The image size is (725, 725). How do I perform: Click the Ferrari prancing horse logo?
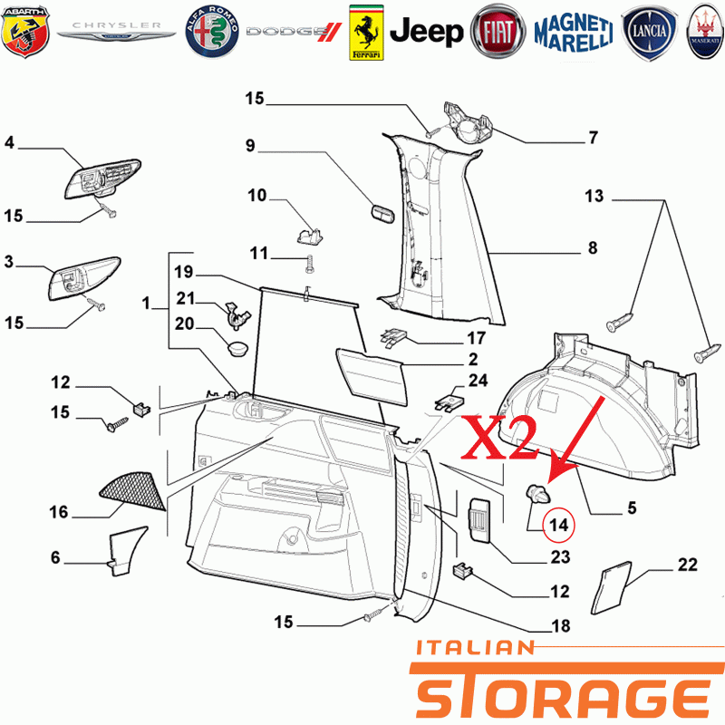(366, 33)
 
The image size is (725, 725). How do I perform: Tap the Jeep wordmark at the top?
(426, 32)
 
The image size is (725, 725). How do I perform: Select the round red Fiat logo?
(498, 32)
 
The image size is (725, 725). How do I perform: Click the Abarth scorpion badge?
(25, 32)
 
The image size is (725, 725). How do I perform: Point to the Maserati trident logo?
(705, 32)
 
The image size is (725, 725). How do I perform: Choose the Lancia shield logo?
(649, 33)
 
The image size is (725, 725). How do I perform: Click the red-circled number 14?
(558, 525)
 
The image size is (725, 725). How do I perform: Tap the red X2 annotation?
(500, 438)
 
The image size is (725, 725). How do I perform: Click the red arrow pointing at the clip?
(575, 440)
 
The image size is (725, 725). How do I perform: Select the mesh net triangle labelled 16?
(132, 491)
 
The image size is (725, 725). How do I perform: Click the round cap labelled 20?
(237, 348)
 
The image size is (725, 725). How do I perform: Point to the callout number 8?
(593, 247)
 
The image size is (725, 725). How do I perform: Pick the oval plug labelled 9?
(382, 215)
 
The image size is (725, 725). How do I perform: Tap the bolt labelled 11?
(309, 264)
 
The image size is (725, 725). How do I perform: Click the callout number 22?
(687, 565)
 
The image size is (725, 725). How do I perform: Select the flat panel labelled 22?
(611, 588)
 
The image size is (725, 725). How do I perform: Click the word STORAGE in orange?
(563, 691)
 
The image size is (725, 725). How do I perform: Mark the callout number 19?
(184, 272)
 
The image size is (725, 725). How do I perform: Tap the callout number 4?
(9, 142)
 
